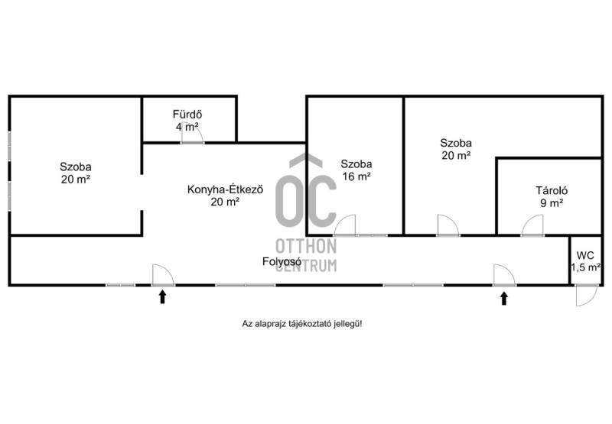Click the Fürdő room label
click(x=187, y=114)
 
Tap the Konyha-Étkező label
click(x=225, y=189)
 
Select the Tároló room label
click(x=552, y=190)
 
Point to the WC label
click(x=585, y=256)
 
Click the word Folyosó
click(x=282, y=261)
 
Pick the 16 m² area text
click(x=356, y=176)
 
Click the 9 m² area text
click(x=552, y=203)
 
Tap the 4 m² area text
click(x=187, y=127)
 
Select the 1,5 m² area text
click(x=585, y=267)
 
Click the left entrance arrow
click(x=162, y=297)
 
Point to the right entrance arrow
click(x=504, y=299)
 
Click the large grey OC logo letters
click(x=305, y=191)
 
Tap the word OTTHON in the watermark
click(x=306, y=246)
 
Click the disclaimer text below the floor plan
click(x=301, y=323)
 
